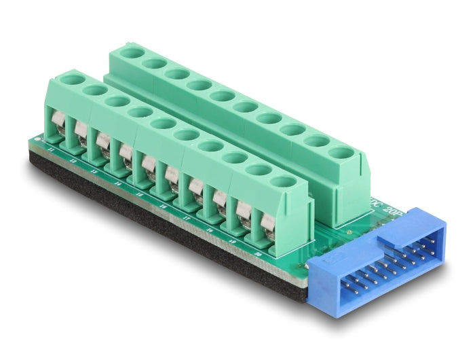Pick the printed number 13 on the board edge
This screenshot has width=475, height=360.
pos(94,168)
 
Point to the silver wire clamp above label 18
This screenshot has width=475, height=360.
pos(218,201)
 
